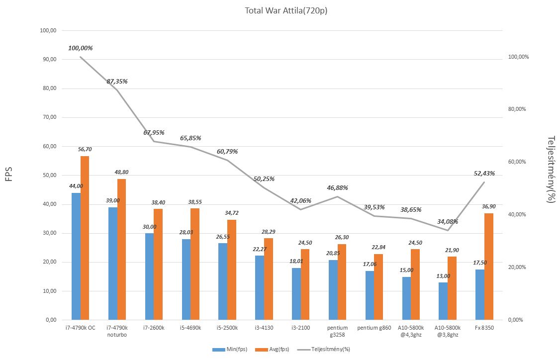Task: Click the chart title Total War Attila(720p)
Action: [286, 10]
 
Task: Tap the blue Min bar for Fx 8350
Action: [479, 294]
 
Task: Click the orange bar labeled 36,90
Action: [488, 267]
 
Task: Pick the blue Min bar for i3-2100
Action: [296, 294]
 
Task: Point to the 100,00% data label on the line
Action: [81, 48]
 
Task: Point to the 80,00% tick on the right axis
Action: [518, 109]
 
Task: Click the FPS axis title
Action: [9, 175]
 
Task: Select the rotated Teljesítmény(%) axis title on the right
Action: [551, 169]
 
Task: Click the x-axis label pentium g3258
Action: [337, 331]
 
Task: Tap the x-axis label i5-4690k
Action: [190, 328]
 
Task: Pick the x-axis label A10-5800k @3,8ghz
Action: [447, 331]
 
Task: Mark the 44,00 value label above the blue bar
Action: [76, 186]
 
